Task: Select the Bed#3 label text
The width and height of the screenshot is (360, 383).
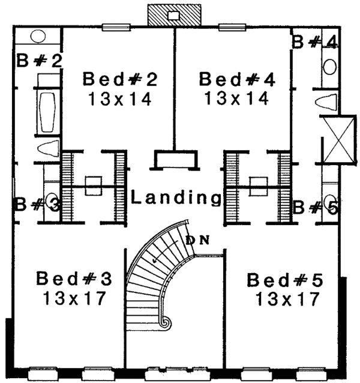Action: [74, 279]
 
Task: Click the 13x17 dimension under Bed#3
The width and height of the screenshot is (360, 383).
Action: [74, 297]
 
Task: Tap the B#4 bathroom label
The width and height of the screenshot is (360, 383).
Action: [314, 42]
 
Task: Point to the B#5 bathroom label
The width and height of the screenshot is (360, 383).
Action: [314, 208]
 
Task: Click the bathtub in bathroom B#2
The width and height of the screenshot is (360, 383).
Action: [46, 111]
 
